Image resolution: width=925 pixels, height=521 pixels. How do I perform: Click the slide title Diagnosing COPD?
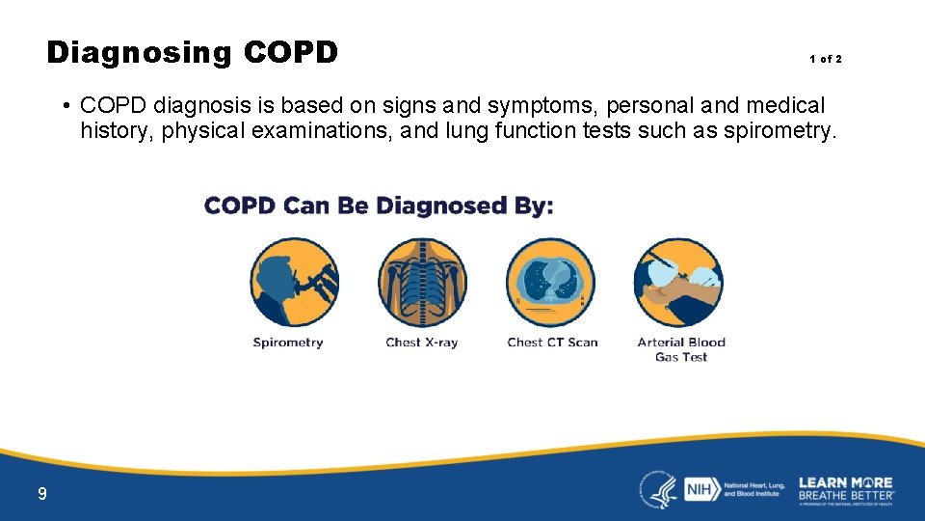(x=192, y=52)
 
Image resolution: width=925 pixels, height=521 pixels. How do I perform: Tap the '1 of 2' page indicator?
(x=825, y=60)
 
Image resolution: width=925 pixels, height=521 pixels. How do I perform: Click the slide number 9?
(x=41, y=495)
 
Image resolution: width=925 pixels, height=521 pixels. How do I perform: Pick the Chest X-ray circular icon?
(x=422, y=283)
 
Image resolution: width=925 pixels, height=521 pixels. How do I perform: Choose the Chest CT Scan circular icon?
(x=551, y=283)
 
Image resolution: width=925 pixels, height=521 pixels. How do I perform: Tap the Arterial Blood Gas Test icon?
(x=678, y=283)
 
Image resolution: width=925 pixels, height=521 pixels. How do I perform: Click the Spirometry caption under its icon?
(x=288, y=343)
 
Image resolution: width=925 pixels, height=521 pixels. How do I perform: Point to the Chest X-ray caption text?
(x=421, y=343)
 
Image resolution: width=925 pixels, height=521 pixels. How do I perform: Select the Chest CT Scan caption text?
(x=552, y=343)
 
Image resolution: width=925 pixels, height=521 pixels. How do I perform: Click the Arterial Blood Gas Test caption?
(x=681, y=349)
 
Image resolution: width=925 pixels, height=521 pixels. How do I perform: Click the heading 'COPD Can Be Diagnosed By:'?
(x=379, y=206)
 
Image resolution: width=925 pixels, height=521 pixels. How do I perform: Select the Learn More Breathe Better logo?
(x=846, y=488)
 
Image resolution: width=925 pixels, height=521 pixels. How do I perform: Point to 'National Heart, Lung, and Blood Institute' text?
(x=753, y=489)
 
